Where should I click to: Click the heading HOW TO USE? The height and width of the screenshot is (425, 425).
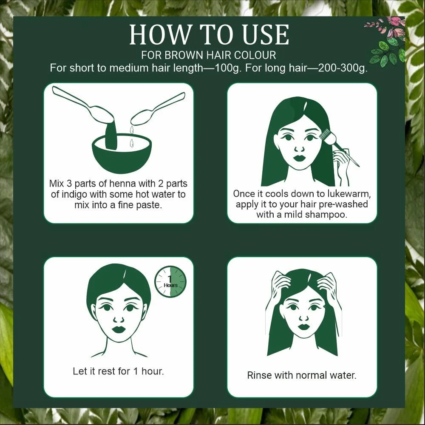[209, 35]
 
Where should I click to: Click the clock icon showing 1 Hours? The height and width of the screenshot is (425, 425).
[170, 281]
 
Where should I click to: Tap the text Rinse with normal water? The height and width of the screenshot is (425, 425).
[302, 375]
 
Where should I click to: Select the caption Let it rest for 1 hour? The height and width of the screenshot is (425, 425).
[118, 371]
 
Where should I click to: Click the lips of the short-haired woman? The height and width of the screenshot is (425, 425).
[119, 329]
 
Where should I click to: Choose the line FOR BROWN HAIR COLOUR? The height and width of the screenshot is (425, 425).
[209, 55]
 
